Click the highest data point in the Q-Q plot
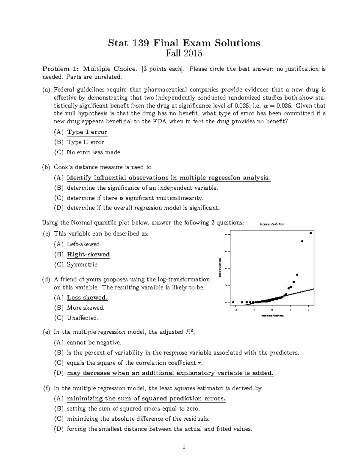(311, 233)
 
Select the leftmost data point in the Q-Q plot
(233, 302)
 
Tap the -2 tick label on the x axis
(235, 310)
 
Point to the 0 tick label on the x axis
(272, 310)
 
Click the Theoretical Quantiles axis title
(272, 316)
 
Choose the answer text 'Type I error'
(87, 132)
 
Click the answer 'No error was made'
(93, 152)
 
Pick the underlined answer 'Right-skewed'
(88, 254)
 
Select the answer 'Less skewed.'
(87, 298)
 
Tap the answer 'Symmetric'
(82, 265)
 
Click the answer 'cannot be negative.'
(94, 342)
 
